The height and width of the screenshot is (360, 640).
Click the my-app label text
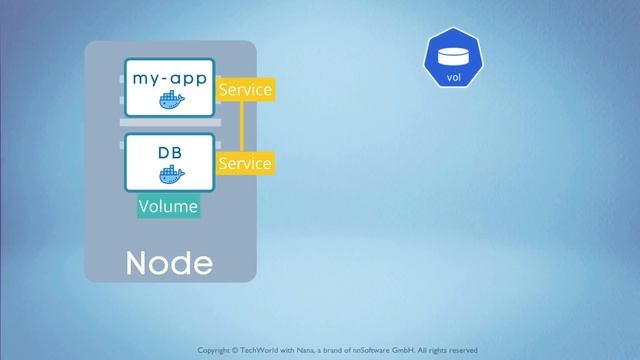click(x=169, y=76)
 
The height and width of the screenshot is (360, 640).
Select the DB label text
click(x=170, y=153)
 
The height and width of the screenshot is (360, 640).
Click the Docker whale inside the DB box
click(x=171, y=176)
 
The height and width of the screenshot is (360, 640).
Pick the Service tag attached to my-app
click(x=244, y=89)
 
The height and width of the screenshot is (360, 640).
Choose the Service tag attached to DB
click(x=244, y=162)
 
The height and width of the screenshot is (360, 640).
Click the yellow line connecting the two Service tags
click(x=241, y=126)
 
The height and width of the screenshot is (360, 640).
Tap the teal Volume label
click(x=168, y=207)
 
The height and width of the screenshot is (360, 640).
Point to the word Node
click(x=169, y=264)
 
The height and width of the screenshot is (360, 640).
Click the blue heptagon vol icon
click(x=453, y=59)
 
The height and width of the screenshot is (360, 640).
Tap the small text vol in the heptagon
click(x=453, y=76)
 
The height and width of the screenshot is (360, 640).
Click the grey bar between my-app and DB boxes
click(x=169, y=122)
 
